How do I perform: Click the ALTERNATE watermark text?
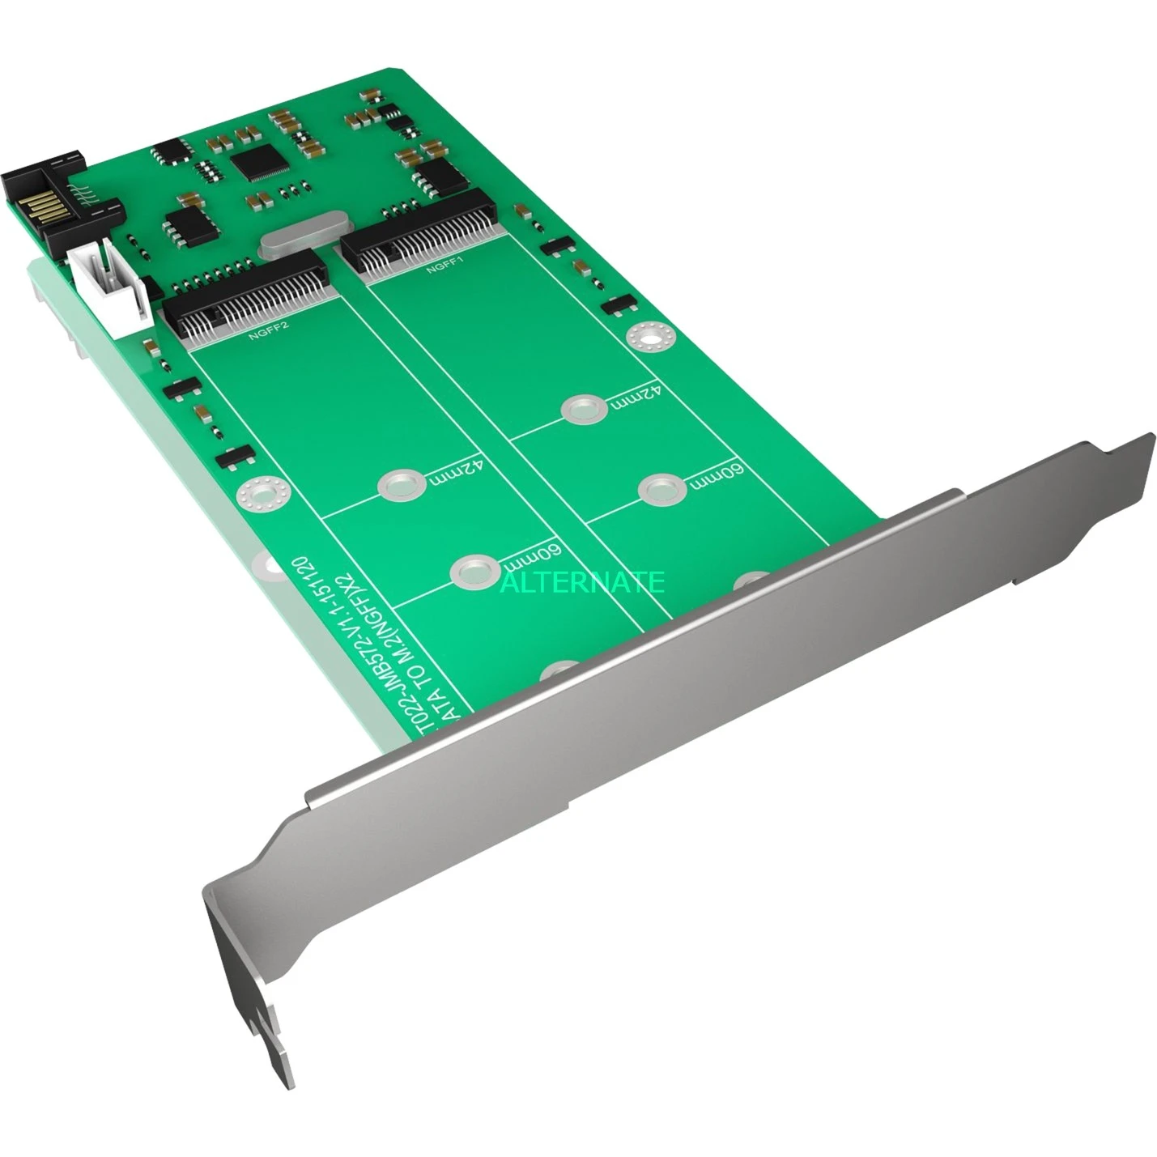pos(582,581)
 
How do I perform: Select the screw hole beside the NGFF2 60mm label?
pos(474,571)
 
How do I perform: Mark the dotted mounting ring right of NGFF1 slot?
pos(647,337)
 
